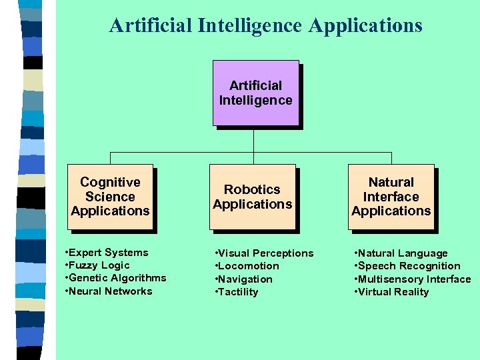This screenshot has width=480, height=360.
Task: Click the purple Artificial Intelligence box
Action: point(255,93)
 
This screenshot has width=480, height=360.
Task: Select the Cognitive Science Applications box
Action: point(111,197)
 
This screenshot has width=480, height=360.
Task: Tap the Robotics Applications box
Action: point(253,197)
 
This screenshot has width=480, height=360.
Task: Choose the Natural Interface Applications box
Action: point(391,197)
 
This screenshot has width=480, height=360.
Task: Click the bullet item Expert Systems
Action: point(108,252)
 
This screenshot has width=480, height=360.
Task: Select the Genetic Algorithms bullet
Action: point(117,278)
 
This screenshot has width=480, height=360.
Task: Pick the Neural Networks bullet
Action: point(110,291)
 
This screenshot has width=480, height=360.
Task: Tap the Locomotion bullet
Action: point(249,266)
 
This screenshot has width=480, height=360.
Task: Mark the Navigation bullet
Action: point(245,279)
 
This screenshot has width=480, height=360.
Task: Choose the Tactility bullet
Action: point(238,292)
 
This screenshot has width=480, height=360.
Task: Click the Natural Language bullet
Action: point(402,253)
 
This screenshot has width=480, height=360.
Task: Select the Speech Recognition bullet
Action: point(409,266)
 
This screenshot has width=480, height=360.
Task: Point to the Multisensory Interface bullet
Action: point(414,279)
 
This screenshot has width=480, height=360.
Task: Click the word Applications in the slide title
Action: point(365,25)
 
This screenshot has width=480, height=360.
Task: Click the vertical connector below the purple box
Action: point(254,139)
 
